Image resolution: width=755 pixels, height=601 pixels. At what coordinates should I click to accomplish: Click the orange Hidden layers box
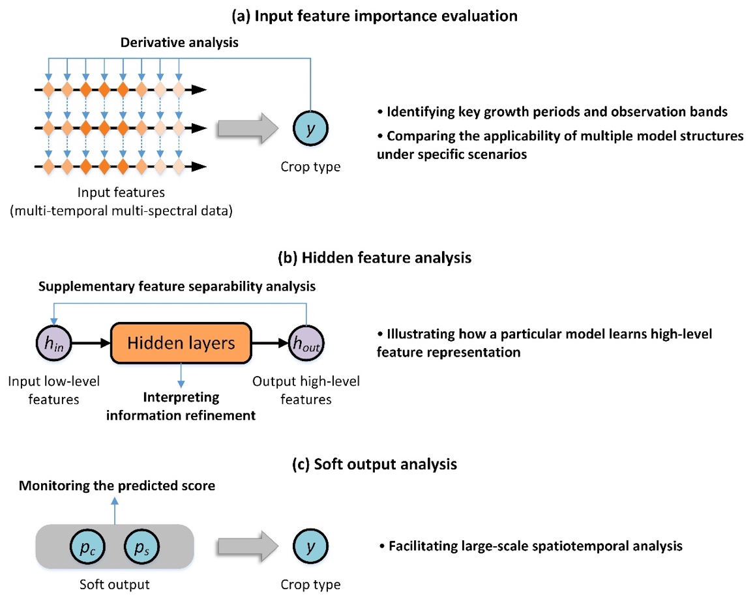point(181,343)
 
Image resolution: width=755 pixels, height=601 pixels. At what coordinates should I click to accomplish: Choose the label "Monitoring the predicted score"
point(117,486)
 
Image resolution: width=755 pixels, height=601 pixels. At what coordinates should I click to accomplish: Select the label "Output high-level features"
point(306,390)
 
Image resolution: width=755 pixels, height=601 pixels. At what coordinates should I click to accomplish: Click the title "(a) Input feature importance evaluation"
point(377,16)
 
